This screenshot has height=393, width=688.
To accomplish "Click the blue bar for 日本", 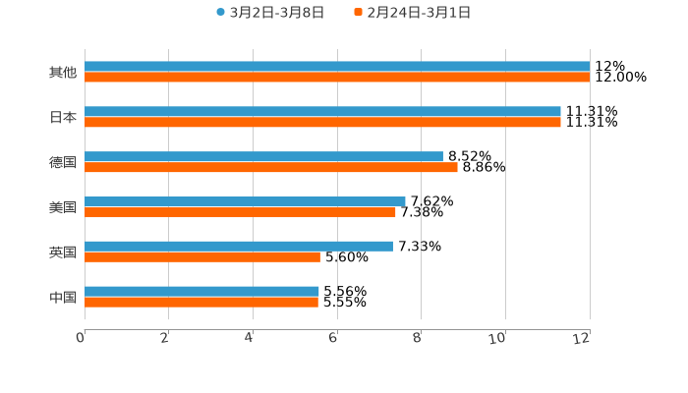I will (x=322, y=112).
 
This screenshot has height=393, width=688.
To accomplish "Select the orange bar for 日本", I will (x=322, y=123).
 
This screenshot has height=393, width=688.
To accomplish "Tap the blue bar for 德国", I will (x=263, y=157).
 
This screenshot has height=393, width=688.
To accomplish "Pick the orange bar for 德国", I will (x=271, y=168).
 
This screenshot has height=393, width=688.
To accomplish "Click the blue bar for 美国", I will (x=245, y=201).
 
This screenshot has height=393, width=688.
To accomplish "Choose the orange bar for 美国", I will (x=240, y=212).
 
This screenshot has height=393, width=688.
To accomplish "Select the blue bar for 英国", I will (x=239, y=247).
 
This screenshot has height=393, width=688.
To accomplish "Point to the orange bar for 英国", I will (x=202, y=257).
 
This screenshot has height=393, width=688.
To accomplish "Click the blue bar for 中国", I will (x=201, y=292).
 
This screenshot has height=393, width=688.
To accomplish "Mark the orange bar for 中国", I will (x=201, y=303).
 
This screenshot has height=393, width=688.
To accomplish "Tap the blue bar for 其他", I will (x=337, y=67).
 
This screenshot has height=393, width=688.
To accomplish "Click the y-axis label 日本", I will (x=63, y=117).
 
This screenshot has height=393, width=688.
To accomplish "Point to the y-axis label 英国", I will (x=63, y=253).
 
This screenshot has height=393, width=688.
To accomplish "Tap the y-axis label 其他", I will (x=63, y=73).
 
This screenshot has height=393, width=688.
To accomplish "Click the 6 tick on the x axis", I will (x=333, y=338).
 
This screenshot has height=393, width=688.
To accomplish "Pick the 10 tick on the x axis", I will (x=501, y=338).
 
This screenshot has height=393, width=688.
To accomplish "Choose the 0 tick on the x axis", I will (x=81, y=338).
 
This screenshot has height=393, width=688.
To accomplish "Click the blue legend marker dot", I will (x=220, y=13).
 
